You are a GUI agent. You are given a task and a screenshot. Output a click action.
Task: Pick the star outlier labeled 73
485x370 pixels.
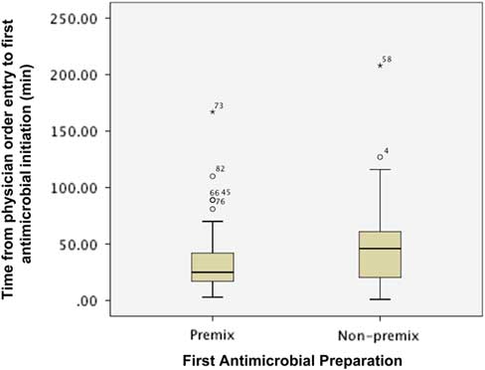212,111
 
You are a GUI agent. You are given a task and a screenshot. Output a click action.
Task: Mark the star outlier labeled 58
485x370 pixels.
380,66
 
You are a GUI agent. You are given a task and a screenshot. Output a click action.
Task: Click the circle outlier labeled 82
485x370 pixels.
212,176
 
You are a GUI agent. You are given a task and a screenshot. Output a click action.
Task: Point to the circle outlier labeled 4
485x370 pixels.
380,157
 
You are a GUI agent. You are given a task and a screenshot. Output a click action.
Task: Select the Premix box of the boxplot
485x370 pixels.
212,267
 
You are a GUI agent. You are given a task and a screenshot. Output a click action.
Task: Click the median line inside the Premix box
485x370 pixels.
212,273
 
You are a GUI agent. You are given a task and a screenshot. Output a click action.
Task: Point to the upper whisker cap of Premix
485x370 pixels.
212,221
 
